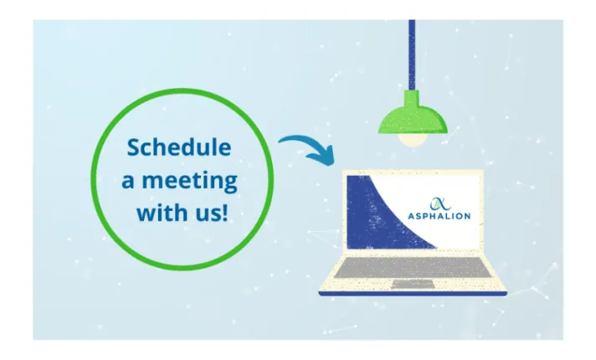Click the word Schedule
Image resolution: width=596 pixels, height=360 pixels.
[178, 148]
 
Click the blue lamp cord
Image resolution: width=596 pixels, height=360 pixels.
[411, 50]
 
